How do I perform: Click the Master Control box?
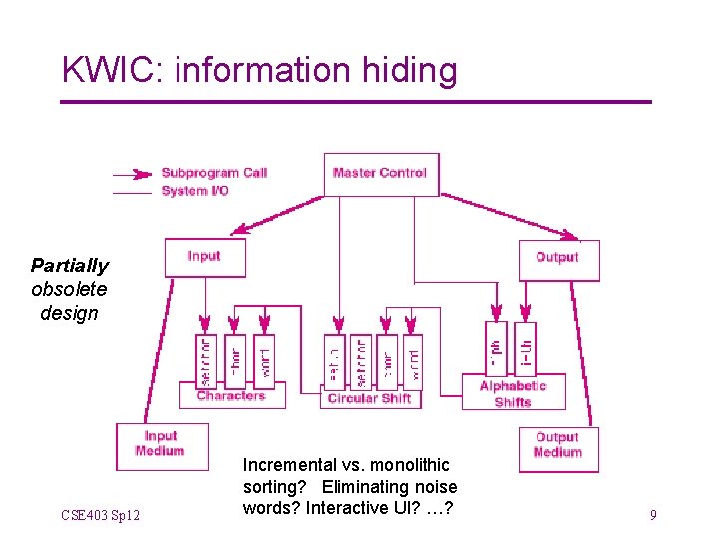coord(380,173)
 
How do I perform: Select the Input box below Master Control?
coord(204,257)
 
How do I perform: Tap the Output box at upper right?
coord(557,258)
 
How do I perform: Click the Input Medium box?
coord(161,444)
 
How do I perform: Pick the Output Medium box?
coord(557,445)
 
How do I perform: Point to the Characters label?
coord(231,396)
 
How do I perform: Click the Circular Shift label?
coord(369,398)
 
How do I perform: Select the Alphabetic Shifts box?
coord(513,393)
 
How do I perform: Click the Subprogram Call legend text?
coord(214,173)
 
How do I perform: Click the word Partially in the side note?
coord(69,266)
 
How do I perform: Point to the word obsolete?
coord(69,289)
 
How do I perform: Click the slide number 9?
coord(652,515)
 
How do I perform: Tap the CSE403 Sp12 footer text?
coord(100,515)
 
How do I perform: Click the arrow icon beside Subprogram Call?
coord(134,172)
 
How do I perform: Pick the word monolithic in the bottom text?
coord(410,465)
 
